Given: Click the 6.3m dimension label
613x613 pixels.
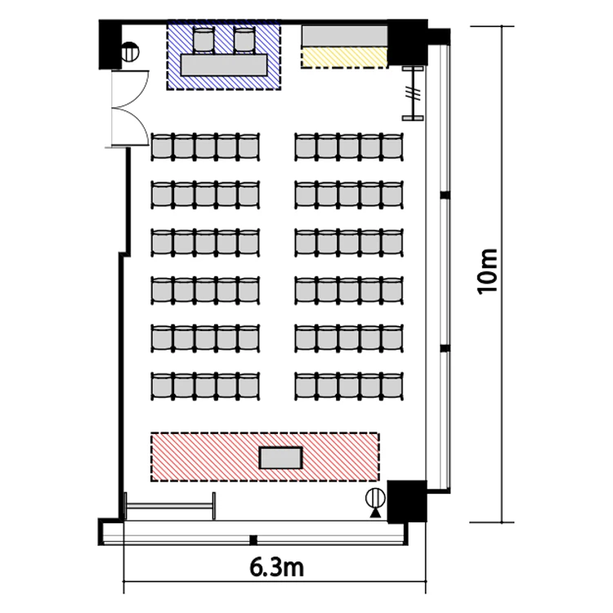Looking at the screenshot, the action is pyautogui.click(x=276, y=568).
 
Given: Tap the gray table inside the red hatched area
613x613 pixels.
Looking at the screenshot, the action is pyautogui.click(x=280, y=458).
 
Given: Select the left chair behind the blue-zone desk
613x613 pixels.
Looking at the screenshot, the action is pyautogui.click(x=204, y=39).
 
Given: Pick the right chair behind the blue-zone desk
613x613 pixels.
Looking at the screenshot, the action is pyautogui.click(x=244, y=39).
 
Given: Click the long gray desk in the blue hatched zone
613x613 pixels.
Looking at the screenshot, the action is pyautogui.click(x=224, y=65).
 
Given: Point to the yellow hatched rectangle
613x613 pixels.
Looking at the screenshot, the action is pyautogui.click(x=344, y=58).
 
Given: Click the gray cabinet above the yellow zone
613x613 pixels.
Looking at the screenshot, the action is pyautogui.click(x=344, y=36).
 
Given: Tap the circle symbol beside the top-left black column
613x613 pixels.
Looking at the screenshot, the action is pyautogui.click(x=130, y=52).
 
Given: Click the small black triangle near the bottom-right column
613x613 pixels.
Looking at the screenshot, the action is pyautogui.click(x=375, y=512).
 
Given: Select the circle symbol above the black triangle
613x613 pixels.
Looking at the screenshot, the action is pyautogui.click(x=375, y=499).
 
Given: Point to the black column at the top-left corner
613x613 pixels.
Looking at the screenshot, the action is pyautogui.click(x=110, y=45).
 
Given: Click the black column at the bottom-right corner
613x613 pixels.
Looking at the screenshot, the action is pyautogui.click(x=406, y=502).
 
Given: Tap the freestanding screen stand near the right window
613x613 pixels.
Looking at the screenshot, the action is pyautogui.click(x=414, y=93).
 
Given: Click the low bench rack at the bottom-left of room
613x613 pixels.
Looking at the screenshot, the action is pyautogui.click(x=170, y=506).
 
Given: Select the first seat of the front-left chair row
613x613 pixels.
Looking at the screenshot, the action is pyautogui.click(x=163, y=146).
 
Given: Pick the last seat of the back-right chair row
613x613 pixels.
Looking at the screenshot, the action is pyautogui.click(x=392, y=386).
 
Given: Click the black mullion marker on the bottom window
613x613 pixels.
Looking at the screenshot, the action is pyautogui.click(x=253, y=540).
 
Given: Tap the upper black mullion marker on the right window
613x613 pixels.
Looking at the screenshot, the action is pyautogui.click(x=444, y=195).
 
